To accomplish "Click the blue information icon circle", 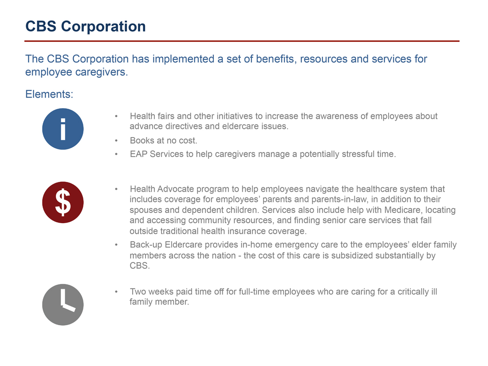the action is [x=63, y=129].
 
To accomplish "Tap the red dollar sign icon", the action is [x=63, y=202].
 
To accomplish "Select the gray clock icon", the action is [x=63, y=305].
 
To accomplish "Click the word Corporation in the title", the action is [x=103, y=27].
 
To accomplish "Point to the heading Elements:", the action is [x=49, y=94].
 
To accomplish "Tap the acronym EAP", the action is [x=138, y=154].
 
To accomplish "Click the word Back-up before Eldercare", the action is [x=146, y=245].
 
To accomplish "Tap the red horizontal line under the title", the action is [x=242, y=41].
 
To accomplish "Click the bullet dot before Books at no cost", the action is [x=116, y=141].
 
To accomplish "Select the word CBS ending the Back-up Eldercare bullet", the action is [x=139, y=266].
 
